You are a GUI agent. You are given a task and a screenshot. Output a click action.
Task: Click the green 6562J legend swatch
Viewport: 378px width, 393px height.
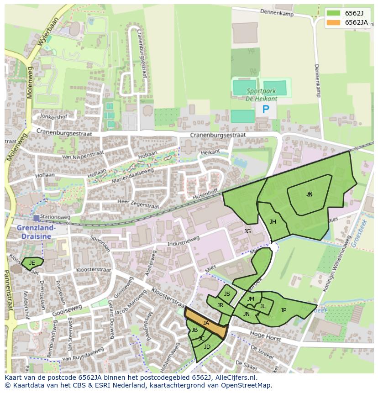[x=334, y=13]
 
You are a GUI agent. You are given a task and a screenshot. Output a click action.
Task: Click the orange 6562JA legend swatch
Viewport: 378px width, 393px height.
[x=334, y=22]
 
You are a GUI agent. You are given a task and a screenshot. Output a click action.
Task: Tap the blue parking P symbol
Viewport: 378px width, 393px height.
[x=266, y=110]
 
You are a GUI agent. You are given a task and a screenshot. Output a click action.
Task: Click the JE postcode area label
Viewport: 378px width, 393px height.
[x=32, y=263]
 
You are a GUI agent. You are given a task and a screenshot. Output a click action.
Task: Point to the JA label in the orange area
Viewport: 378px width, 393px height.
[x=206, y=323]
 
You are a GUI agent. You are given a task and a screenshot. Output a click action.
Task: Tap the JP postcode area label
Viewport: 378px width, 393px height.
[x=283, y=310]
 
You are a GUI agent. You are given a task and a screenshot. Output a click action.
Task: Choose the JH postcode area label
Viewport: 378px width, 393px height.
[x=273, y=222]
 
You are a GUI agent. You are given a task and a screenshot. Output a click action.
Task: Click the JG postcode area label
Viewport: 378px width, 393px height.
[x=247, y=231]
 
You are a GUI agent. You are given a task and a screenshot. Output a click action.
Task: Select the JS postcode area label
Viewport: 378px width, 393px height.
[x=227, y=294]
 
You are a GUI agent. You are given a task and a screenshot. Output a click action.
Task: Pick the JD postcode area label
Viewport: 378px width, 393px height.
[x=207, y=347]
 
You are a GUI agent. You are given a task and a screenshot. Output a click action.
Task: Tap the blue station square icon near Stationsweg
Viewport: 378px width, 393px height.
[x=36, y=218]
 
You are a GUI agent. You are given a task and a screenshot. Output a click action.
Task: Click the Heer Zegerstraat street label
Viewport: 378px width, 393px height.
[x=138, y=204]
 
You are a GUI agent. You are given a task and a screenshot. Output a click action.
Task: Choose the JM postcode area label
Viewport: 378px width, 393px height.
[x=251, y=299]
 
